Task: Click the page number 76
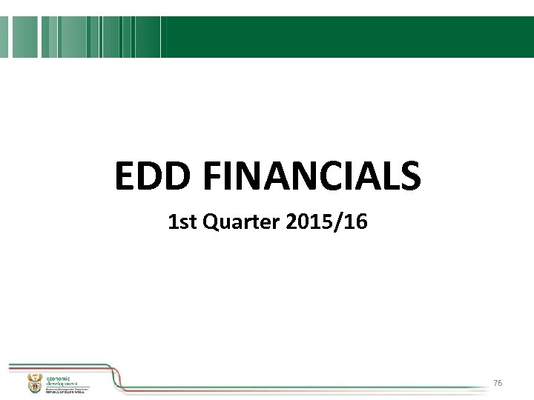pos(498,383)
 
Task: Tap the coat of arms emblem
pos(33,383)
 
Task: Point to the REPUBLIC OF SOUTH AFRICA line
pos(67,392)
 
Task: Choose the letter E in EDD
pos(125,177)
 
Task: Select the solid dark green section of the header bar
pos(349,37)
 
